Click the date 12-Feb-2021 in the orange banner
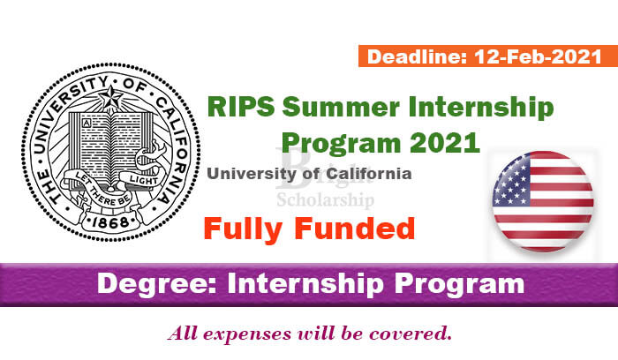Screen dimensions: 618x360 538,56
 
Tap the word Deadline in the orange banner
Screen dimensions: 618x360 417,56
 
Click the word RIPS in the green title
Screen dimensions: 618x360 241,107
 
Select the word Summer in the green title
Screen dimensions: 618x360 341,107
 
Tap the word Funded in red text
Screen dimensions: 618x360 355,229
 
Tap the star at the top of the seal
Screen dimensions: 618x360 111,97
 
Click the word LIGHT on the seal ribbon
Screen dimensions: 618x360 144,180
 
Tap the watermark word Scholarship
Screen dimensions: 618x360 325,199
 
